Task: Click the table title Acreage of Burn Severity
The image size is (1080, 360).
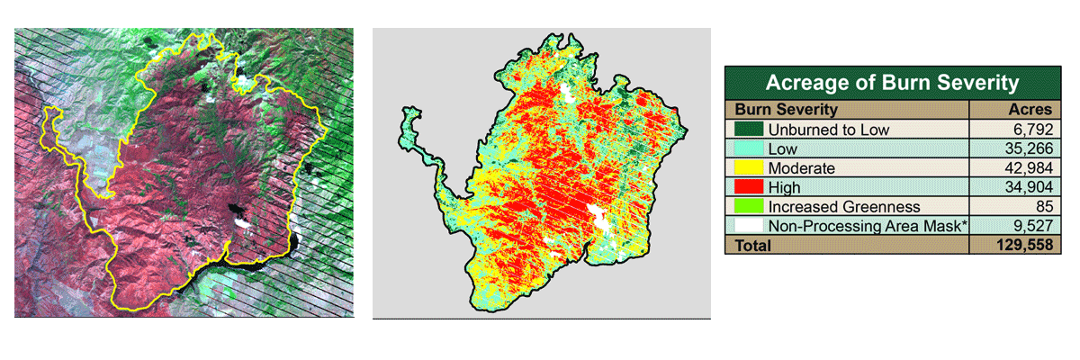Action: pos(892,84)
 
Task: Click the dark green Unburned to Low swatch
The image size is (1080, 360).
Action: pos(747,130)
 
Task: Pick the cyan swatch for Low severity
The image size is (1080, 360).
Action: pos(747,148)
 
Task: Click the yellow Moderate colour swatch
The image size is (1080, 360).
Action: pos(747,168)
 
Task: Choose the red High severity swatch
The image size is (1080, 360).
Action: pos(747,187)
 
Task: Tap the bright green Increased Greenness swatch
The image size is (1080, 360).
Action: pos(747,206)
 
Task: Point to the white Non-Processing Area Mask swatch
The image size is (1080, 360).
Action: pos(747,226)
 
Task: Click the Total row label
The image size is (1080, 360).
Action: pos(753,245)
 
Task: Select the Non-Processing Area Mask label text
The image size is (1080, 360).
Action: pos(866,226)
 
